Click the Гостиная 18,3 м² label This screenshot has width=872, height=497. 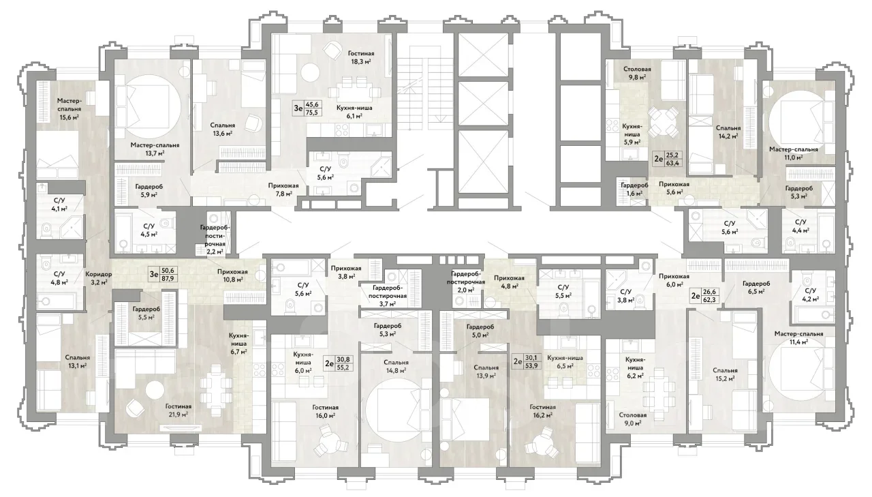[361, 57]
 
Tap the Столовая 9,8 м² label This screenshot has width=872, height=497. [637, 73]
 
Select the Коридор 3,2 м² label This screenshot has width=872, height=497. [99, 277]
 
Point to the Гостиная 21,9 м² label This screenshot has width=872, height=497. [178, 410]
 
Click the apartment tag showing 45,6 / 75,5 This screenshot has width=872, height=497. [307, 108]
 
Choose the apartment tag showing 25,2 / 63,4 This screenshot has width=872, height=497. [667, 159]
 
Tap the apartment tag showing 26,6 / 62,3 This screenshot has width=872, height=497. [705, 296]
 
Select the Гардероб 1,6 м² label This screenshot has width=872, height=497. [634, 189]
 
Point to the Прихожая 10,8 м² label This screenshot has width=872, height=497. [232, 275]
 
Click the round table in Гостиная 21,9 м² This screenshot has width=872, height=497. [155, 389]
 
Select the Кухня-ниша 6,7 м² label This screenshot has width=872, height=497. [238, 343]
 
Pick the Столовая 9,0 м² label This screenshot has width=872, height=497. [633, 419]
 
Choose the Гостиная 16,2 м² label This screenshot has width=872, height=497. [543, 411]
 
